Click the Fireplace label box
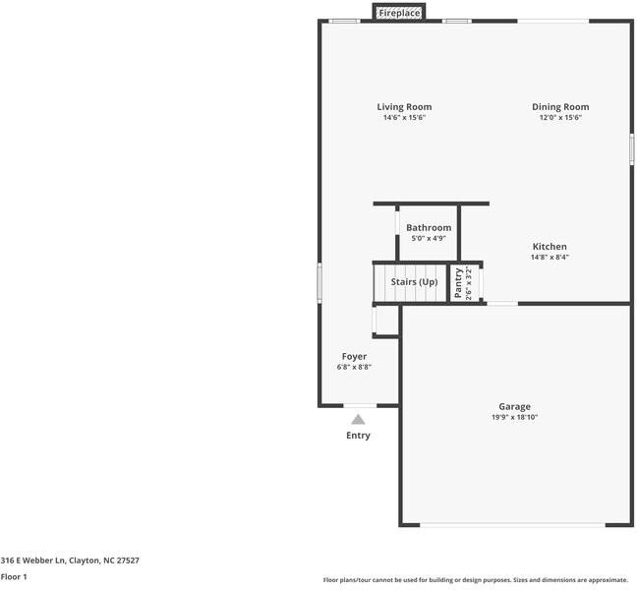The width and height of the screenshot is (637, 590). click(399, 13)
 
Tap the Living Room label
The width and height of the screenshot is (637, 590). click(404, 107)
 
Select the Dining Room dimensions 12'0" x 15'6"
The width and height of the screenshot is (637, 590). click(560, 117)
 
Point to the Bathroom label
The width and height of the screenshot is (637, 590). click(429, 227)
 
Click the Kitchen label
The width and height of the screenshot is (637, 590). click(550, 246)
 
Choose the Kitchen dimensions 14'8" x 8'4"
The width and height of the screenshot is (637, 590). click(550, 257)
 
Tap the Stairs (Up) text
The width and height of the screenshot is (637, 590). click(414, 282)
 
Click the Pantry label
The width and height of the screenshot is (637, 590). click(458, 283)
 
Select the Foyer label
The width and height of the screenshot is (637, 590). click(354, 356)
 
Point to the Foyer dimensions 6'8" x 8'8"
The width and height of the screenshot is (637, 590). click(354, 367)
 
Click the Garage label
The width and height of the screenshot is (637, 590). click(515, 407)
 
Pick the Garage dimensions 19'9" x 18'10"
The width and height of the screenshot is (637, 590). click(515, 417)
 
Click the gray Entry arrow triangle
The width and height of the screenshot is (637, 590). click(358, 419)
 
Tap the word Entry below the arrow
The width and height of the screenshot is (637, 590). click(358, 436)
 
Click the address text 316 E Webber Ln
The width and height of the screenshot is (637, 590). click(32, 560)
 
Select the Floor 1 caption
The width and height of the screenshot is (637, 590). click(14, 576)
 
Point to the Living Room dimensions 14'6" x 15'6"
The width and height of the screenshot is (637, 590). click(404, 117)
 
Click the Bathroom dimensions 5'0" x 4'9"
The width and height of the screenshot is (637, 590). click(429, 238)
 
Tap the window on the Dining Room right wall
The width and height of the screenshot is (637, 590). click(632, 149)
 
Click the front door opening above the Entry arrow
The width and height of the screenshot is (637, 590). click(360, 405)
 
